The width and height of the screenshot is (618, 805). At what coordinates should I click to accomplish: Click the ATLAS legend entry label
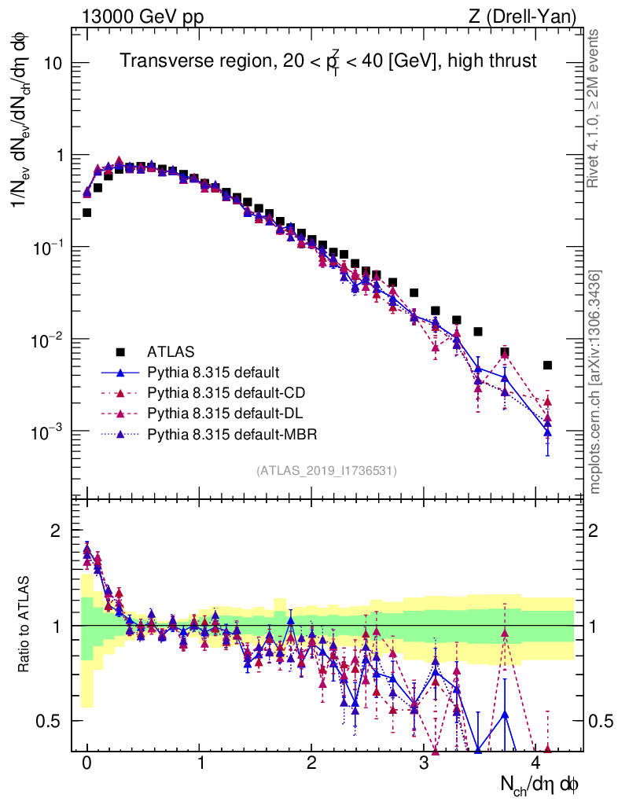click(170, 351)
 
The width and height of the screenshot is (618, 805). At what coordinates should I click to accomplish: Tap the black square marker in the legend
click(120, 351)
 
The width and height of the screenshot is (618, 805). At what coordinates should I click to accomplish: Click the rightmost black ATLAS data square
click(547, 365)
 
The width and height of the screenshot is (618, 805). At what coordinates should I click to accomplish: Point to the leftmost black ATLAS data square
click(86, 212)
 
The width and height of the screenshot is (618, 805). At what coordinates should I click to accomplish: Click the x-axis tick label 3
click(424, 763)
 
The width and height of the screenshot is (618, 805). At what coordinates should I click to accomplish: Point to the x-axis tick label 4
click(536, 763)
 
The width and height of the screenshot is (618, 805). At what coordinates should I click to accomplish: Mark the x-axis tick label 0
click(86, 763)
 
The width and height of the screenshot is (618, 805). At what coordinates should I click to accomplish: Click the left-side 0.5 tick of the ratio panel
click(50, 721)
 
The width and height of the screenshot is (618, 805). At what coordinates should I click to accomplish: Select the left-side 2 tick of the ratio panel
click(56, 531)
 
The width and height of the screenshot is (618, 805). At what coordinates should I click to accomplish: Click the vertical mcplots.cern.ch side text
click(596, 382)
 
